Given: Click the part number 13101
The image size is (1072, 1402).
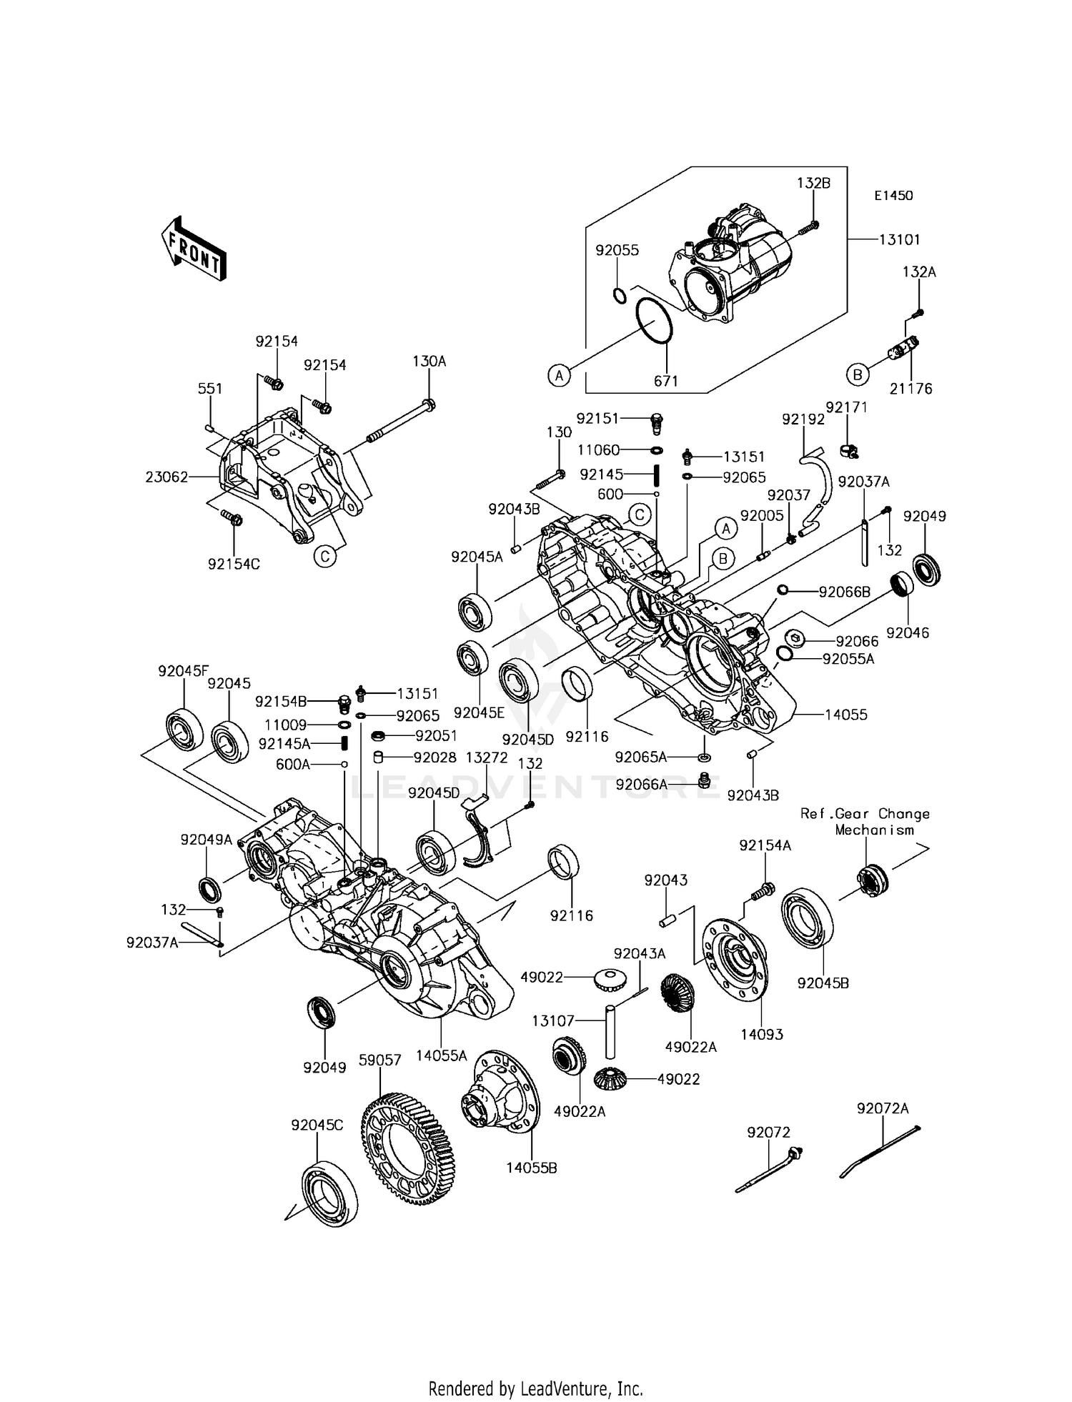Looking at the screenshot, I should click(x=898, y=240).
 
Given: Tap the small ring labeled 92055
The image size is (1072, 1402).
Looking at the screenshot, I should click(x=620, y=295).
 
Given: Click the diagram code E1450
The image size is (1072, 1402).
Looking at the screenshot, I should click(x=892, y=195).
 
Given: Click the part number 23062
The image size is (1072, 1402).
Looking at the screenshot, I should click(x=167, y=477).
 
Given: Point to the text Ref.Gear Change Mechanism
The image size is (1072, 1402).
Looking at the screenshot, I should click(x=865, y=822).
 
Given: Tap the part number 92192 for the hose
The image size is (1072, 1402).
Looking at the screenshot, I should click(x=803, y=419).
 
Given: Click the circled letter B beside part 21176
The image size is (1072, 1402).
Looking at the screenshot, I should click(x=857, y=374).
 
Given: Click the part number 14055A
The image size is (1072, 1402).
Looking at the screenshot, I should click(x=442, y=1055).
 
